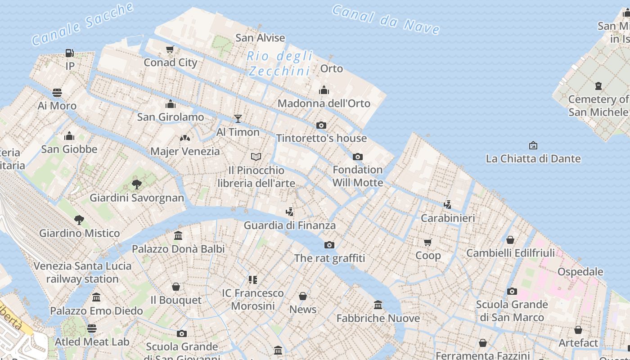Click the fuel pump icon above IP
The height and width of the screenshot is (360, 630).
[69, 53]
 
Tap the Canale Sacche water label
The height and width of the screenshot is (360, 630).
[83, 23]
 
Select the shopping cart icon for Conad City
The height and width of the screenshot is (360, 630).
[170, 49]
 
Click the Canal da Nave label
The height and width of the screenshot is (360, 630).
[386, 19]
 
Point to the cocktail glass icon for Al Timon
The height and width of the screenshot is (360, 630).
[238, 119]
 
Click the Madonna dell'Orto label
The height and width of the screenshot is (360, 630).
[324, 103]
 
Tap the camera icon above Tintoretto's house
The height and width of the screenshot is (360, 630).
[321, 125]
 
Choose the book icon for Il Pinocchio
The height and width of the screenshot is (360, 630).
[256, 157]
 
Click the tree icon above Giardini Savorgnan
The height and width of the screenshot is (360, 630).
[137, 184]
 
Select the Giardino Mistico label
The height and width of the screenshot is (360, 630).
[80, 233]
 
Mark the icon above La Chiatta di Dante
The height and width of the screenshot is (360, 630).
[533, 145]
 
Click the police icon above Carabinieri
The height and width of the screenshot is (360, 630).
[447, 204]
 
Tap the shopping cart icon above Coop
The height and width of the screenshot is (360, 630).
[428, 242]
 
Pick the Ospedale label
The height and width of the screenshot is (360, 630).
[580, 271]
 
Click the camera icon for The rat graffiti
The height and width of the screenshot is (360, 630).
[329, 245]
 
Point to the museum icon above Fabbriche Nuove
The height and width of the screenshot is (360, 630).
[378, 305]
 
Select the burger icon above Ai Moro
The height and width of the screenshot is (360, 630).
[57, 93]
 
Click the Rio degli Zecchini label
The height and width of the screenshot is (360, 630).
[279, 63]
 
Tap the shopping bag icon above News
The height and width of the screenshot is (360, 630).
[303, 296]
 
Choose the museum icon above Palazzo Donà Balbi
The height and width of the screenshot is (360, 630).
[178, 235]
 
